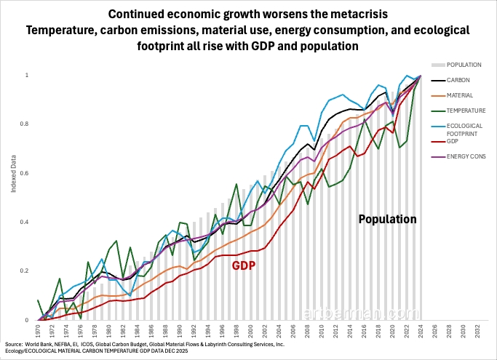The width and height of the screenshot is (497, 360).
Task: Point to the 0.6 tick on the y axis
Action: (27, 173)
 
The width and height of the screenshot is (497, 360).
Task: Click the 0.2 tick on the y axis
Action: (27, 271)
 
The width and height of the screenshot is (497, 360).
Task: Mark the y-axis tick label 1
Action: (28, 75)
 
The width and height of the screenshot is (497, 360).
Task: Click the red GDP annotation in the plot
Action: (243, 265)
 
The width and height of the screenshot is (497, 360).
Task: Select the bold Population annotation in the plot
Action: (387, 218)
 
